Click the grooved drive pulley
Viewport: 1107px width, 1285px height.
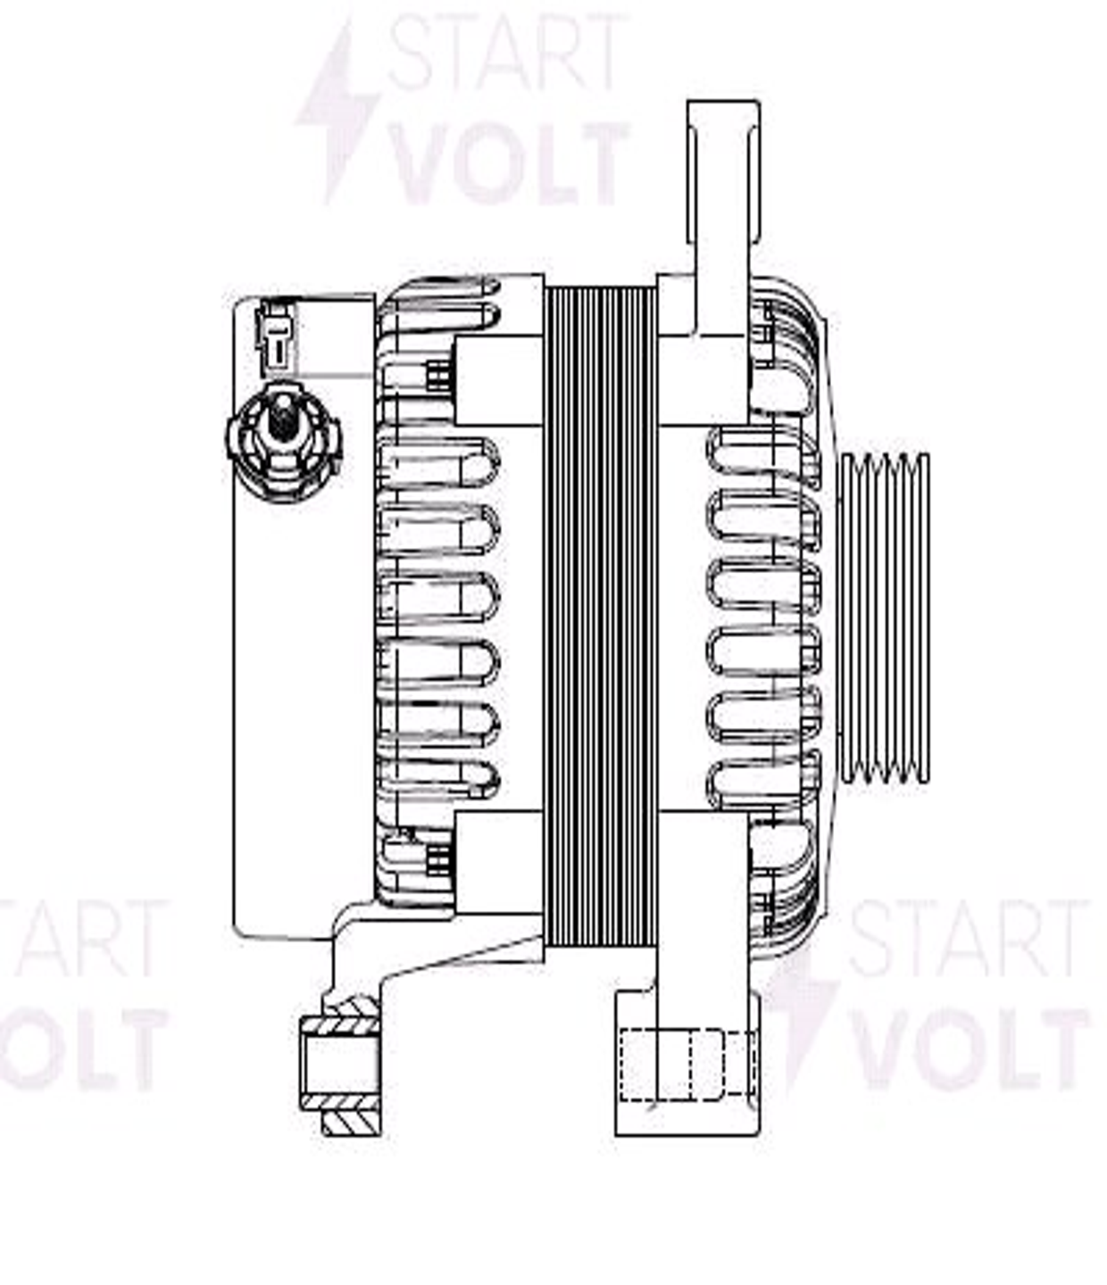coord(884,618)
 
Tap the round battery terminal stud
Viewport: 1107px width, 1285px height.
coord(284,442)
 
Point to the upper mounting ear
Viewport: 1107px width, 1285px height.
coord(723,173)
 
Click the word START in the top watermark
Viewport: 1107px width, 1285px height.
coord(505,53)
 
